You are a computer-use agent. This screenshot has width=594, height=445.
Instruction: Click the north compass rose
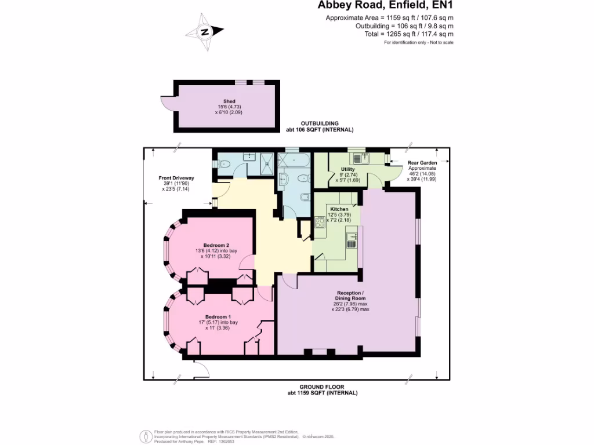[x=204, y=32]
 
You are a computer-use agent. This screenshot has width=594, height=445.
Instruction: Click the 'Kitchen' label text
[x=339, y=209]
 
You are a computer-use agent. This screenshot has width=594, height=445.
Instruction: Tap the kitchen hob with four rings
[x=319, y=222]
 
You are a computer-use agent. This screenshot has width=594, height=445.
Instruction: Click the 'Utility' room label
[x=348, y=169]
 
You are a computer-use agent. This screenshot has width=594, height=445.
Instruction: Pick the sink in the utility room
[x=358, y=156]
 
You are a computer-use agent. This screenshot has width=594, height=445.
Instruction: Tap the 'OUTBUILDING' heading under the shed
[x=319, y=123]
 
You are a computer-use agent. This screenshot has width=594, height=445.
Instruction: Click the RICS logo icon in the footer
[x=146, y=435]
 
